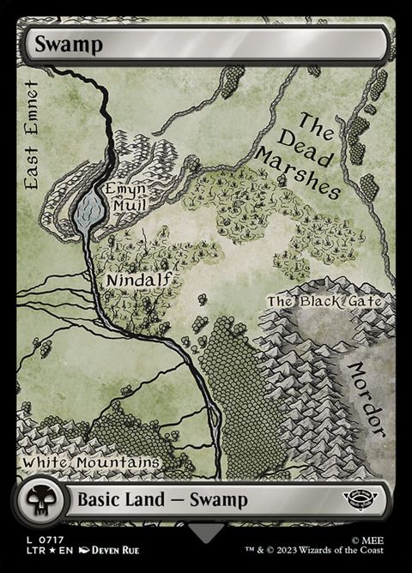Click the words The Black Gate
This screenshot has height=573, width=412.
tap(330, 301)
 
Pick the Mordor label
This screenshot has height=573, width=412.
tap(367, 400)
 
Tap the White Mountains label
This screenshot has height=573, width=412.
tap(92, 462)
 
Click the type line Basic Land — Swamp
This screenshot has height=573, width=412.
tap(163, 499)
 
